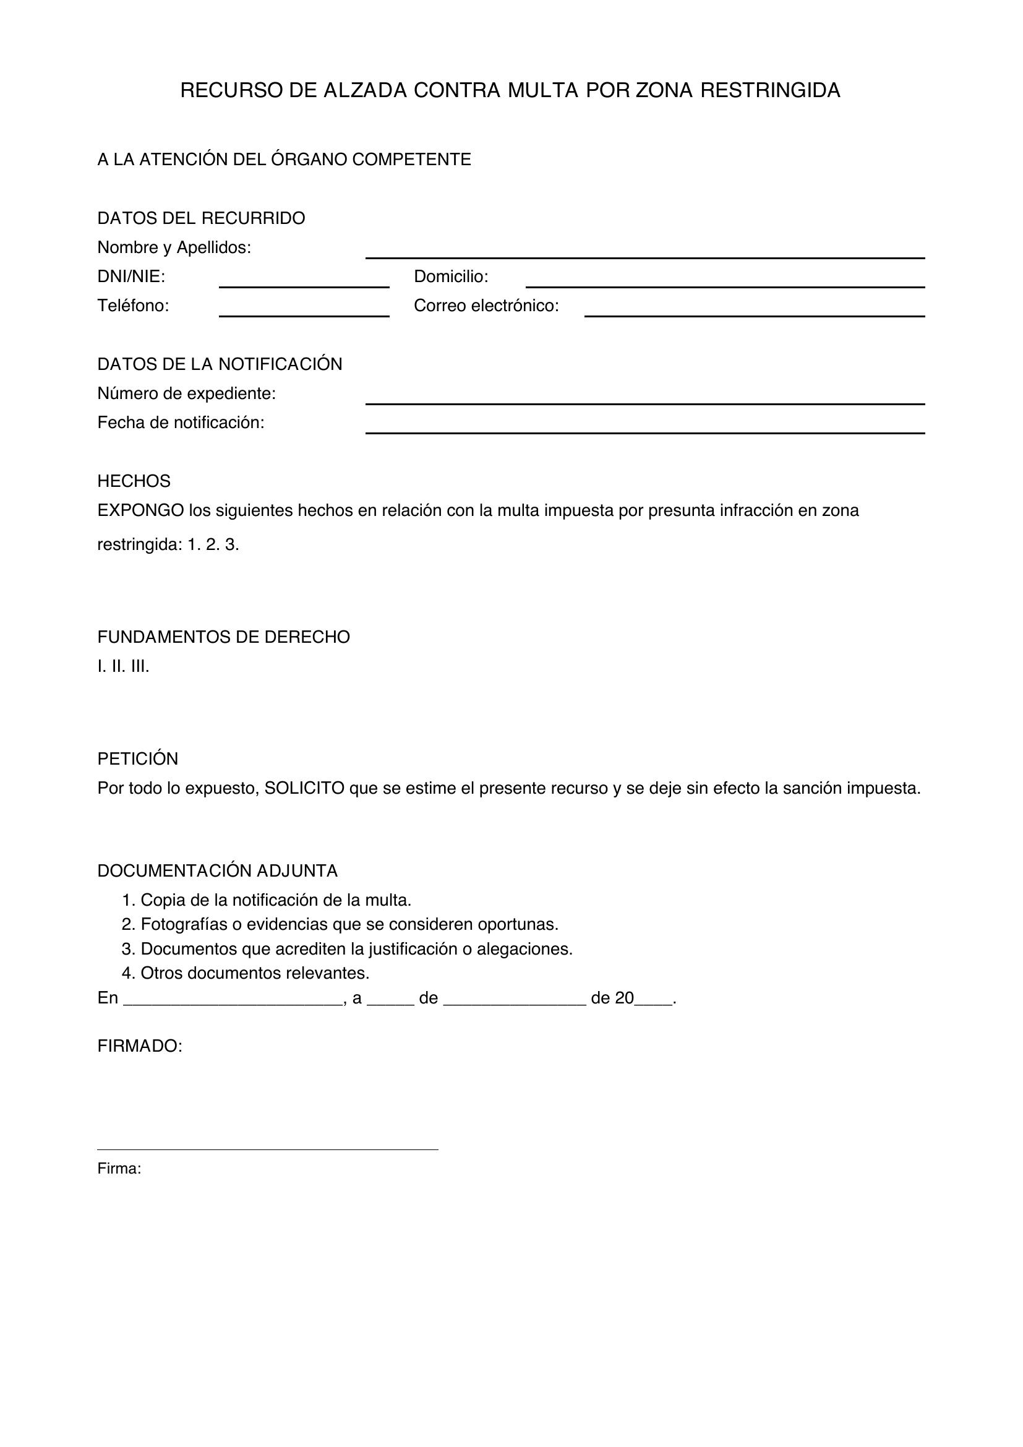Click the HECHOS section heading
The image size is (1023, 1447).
(134, 481)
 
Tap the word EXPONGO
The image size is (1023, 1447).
(140, 510)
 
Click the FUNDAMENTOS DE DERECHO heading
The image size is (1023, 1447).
(223, 637)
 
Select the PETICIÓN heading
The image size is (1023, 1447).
(137, 759)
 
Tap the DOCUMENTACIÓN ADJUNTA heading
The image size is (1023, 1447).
(217, 871)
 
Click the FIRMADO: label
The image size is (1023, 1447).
(139, 1046)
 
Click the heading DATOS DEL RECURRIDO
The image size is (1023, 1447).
(201, 218)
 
